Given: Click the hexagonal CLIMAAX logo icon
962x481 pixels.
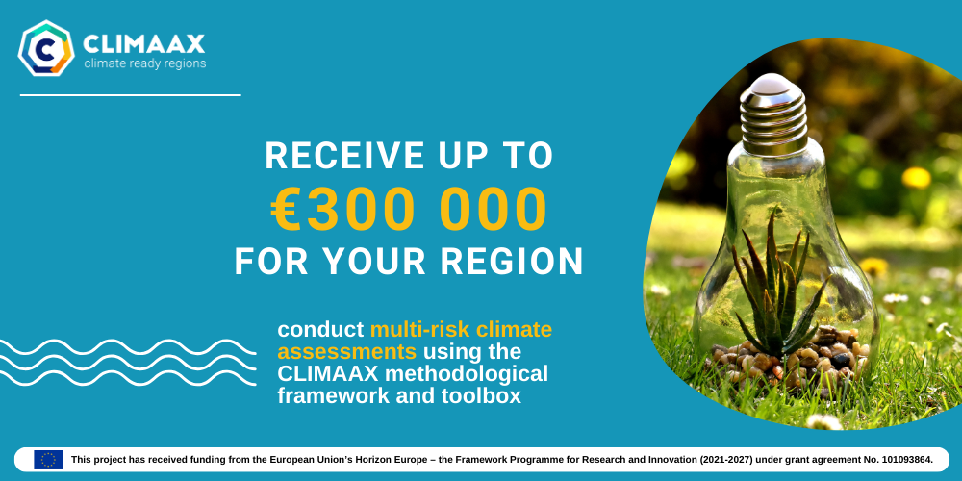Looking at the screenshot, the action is (x=46, y=48).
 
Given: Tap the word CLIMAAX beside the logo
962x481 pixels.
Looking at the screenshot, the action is (x=143, y=43).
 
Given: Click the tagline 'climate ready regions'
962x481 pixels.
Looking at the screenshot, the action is (x=145, y=63).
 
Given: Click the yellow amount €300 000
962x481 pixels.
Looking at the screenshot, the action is (x=409, y=209).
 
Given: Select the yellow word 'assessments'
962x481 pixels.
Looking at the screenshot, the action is (x=346, y=352).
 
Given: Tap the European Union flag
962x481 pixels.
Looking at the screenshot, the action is (x=48, y=460).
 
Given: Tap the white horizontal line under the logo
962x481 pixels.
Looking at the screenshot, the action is (x=130, y=95).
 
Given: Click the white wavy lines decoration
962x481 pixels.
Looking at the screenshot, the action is (x=128, y=363).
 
